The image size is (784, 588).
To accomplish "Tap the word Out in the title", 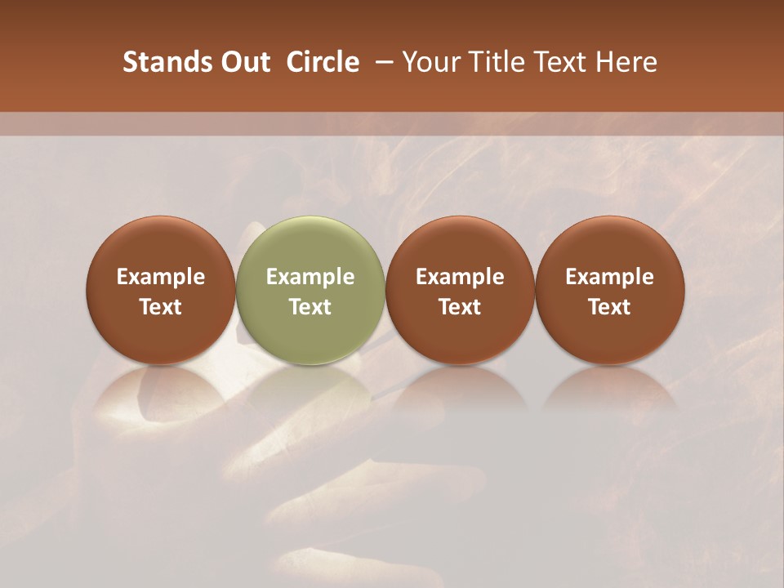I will click(243, 62).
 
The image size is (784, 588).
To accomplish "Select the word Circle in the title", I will click(323, 62).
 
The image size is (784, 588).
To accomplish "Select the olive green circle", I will click(310, 290).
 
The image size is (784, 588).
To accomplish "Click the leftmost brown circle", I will click(161, 290).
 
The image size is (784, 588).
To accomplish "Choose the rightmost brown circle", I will click(610, 290).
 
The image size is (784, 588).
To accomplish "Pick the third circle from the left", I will click(460, 290).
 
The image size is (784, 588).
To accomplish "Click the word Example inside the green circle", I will click(310, 277).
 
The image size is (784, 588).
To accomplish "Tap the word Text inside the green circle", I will click(310, 307).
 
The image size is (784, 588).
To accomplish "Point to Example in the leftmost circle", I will click(161, 277).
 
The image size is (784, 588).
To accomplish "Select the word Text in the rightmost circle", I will click(610, 307).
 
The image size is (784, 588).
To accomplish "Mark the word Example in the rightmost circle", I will click(610, 277).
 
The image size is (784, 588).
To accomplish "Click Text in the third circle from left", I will click(460, 307).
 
